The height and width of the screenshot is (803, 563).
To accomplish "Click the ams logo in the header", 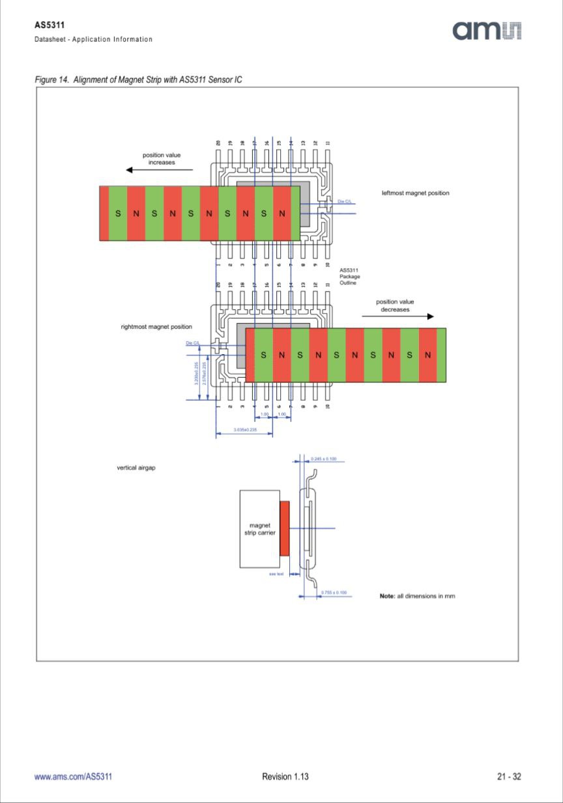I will [487, 30].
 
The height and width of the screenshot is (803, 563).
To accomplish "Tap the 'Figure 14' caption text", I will [138, 79].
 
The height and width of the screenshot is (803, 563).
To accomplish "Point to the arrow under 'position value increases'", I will [159, 170].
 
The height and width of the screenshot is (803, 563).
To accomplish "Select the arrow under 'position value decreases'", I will [397, 317].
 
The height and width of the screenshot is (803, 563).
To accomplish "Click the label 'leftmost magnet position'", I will [415, 193].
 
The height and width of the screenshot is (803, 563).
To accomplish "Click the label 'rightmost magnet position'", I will [156, 326].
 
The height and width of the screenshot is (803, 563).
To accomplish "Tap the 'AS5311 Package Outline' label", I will [349, 276].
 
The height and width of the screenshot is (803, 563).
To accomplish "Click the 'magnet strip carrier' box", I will [259, 529].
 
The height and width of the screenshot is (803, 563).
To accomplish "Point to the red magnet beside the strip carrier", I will [284, 528].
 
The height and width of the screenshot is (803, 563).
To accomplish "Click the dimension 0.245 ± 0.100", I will [323, 459].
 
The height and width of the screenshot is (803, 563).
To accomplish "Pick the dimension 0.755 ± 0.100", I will [334, 593].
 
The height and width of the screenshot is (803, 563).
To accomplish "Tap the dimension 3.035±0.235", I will [244, 430].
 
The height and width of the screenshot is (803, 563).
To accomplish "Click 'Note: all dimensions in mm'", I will [417, 596].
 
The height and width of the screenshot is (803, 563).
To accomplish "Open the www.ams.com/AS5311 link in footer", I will [73, 776].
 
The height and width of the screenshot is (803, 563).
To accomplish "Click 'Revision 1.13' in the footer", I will [285, 776].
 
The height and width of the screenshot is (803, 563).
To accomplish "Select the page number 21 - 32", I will [509, 776].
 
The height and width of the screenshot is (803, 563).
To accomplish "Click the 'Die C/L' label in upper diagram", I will [345, 201].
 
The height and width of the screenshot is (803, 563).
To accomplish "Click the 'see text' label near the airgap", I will [276, 574].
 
